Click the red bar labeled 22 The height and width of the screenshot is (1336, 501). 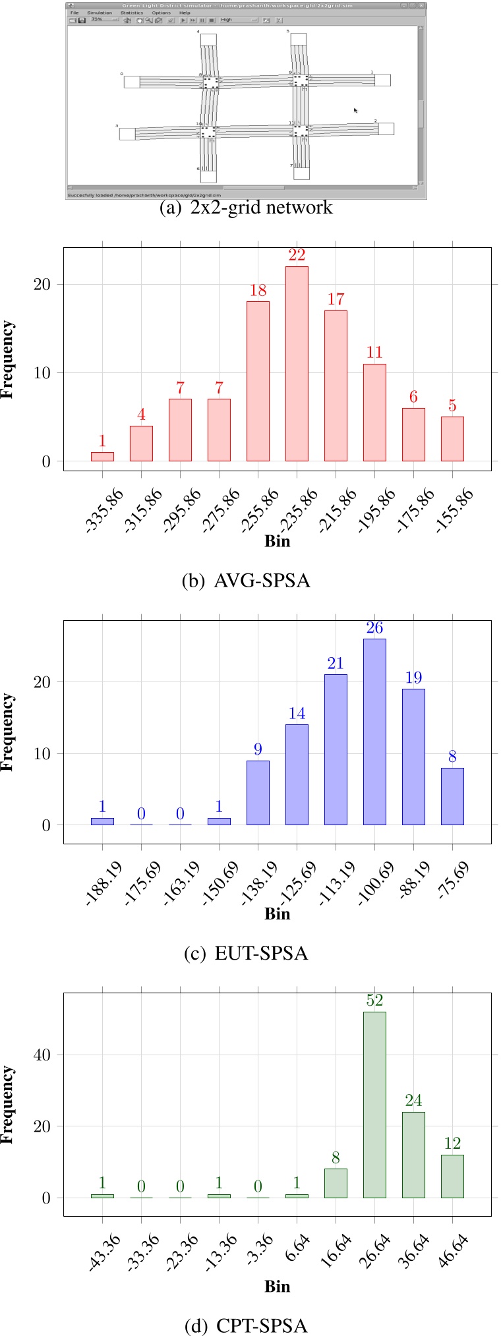(297, 363)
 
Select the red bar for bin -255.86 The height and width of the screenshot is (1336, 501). (258, 381)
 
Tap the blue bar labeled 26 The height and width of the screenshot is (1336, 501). (374, 732)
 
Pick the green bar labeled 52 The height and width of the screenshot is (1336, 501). (374, 1105)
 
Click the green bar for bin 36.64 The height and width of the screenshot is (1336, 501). (413, 1155)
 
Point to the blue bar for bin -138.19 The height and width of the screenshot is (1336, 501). (258, 792)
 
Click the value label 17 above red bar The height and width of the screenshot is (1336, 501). (336, 299)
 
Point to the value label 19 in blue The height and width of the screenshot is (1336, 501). (413, 678)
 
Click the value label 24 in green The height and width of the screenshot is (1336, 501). (413, 1100)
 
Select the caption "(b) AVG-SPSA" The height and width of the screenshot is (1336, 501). (245, 581)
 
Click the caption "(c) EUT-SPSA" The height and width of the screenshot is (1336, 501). (245, 953)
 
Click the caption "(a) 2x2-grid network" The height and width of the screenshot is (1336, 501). (245, 208)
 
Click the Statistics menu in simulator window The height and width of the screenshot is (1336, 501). (131, 13)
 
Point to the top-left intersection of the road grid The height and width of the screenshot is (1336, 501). (210, 82)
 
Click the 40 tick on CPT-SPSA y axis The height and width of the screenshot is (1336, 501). (42, 1055)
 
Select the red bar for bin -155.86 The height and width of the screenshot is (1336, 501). (452, 438)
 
